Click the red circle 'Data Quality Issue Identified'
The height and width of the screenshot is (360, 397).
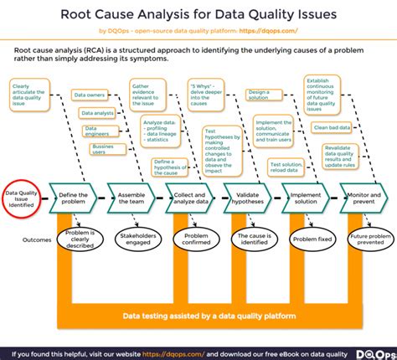click(23, 198)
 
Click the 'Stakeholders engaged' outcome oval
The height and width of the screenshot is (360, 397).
click(137, 239)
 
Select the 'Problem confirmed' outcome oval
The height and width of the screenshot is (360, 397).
click(191, 239)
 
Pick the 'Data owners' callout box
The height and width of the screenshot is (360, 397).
click(89, 96)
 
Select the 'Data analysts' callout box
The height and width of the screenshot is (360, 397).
click(98, 112)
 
